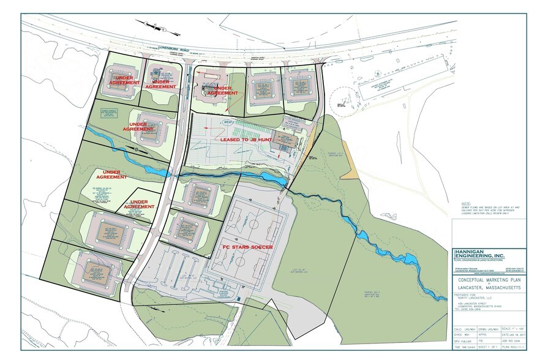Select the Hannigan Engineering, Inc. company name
(x=479, y=255)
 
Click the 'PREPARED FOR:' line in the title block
(x=467, y=294)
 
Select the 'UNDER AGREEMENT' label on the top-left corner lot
(x=124, y=79)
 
